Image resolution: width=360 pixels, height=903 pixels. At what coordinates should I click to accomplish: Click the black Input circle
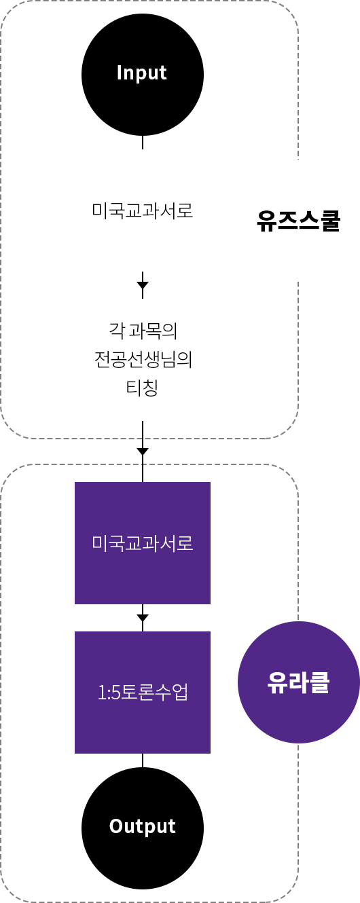click(x=143, y=75)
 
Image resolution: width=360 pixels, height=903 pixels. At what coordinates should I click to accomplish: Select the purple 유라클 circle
click(x=298, y=682)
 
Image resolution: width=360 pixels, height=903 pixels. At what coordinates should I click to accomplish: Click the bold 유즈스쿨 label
click(x=299, y=220)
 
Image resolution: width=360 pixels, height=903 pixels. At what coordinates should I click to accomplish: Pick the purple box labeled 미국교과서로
click(x=143, y=543)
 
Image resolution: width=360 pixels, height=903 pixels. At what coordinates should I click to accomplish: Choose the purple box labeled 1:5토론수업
click(x=143, y=692)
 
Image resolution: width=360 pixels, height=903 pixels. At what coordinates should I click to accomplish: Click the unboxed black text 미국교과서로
click(x=143, y=210)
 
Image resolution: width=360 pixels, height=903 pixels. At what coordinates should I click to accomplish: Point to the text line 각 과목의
click(x=143, y=331)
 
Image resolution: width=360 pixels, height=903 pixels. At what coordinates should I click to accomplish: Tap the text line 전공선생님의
click(x=143, y=359)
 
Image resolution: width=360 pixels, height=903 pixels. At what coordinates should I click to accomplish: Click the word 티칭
click(x=142, y=388)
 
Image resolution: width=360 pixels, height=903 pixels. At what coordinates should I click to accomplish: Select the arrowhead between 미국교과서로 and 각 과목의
click(x=143, y=285)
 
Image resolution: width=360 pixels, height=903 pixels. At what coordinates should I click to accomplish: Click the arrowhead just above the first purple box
click(x=143, y=451)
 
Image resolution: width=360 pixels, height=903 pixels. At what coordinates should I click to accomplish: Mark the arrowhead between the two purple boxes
click(x=143, y=618)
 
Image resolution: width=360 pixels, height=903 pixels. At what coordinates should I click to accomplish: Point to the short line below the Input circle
click(x=143, y=143)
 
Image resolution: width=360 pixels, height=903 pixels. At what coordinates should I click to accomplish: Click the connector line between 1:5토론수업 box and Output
click(x=143, y=760)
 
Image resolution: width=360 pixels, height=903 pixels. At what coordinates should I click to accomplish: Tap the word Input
click(x=141, y=73)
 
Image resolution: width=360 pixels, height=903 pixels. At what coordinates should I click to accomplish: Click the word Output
click(x=143, y=826)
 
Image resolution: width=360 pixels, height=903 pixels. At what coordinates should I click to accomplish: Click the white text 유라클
click(x=298, y=682)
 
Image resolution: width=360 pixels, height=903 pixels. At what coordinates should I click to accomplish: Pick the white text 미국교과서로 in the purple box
click(x=143, y=543)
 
